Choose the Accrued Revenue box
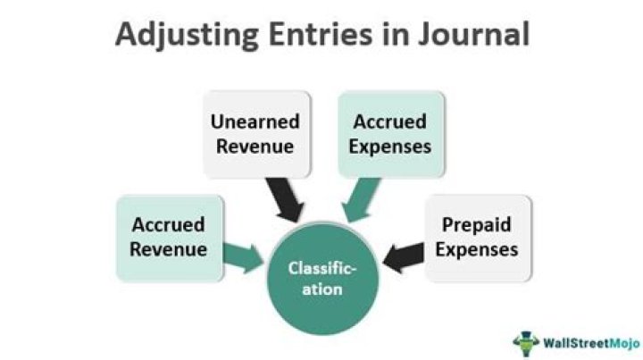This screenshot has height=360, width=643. [x=168, y=236]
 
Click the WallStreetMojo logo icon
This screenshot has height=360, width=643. [x=526, y=342]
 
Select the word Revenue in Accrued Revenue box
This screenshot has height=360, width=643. [x=168, y=248]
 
